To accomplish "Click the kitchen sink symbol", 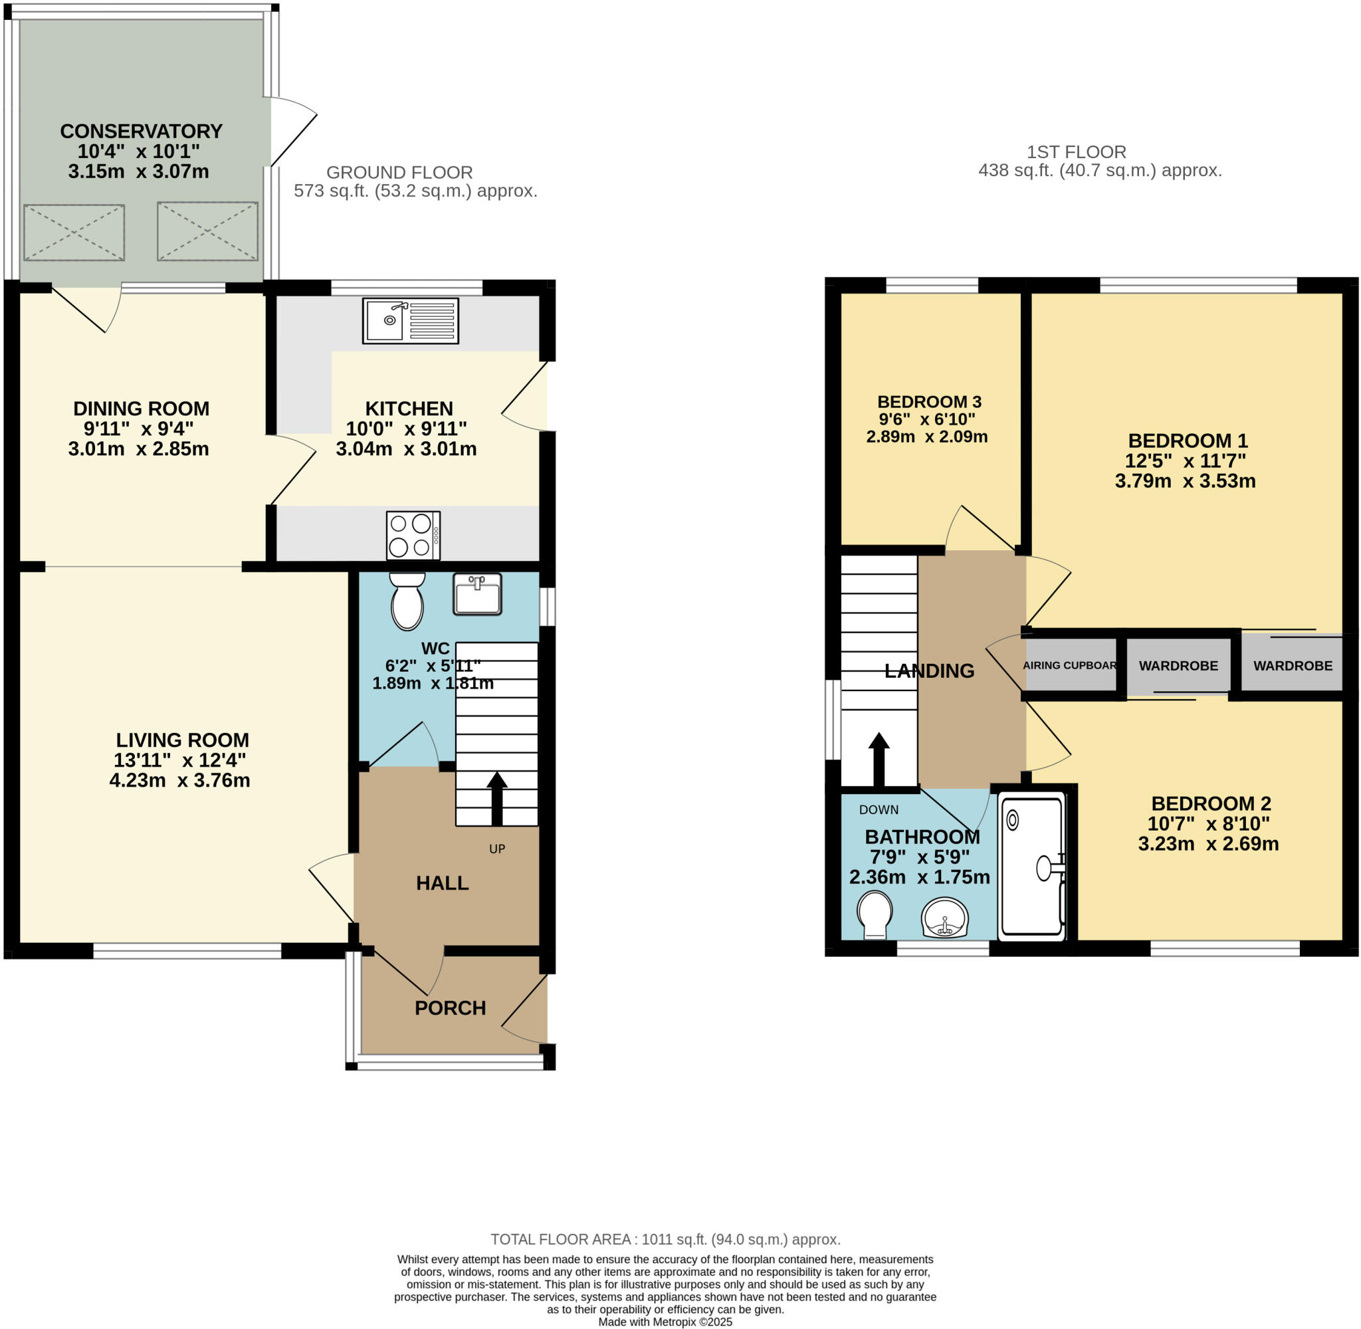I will point(411,321).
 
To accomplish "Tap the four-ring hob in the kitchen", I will point(413,536).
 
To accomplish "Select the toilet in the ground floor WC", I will point(407,601).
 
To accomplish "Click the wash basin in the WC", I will point(477,594).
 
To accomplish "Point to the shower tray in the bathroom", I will point(1032,867).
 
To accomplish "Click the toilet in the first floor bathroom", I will point(875,915).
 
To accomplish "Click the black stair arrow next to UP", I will point(497,799).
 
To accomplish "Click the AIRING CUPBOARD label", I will point(1070,665).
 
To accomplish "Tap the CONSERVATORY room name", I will point(141,131).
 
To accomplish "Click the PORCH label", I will point(450,1008).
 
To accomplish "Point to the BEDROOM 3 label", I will point(929,402).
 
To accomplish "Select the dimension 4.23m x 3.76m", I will point(179,780).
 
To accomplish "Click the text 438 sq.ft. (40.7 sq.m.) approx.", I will point(1100,170).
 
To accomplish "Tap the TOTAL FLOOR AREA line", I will point(665,1239).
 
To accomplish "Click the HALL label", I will point(442,883).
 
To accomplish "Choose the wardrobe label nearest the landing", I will point(1178,666).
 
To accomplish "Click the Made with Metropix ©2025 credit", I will point(665,1322).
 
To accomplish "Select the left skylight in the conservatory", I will point(74,233).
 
